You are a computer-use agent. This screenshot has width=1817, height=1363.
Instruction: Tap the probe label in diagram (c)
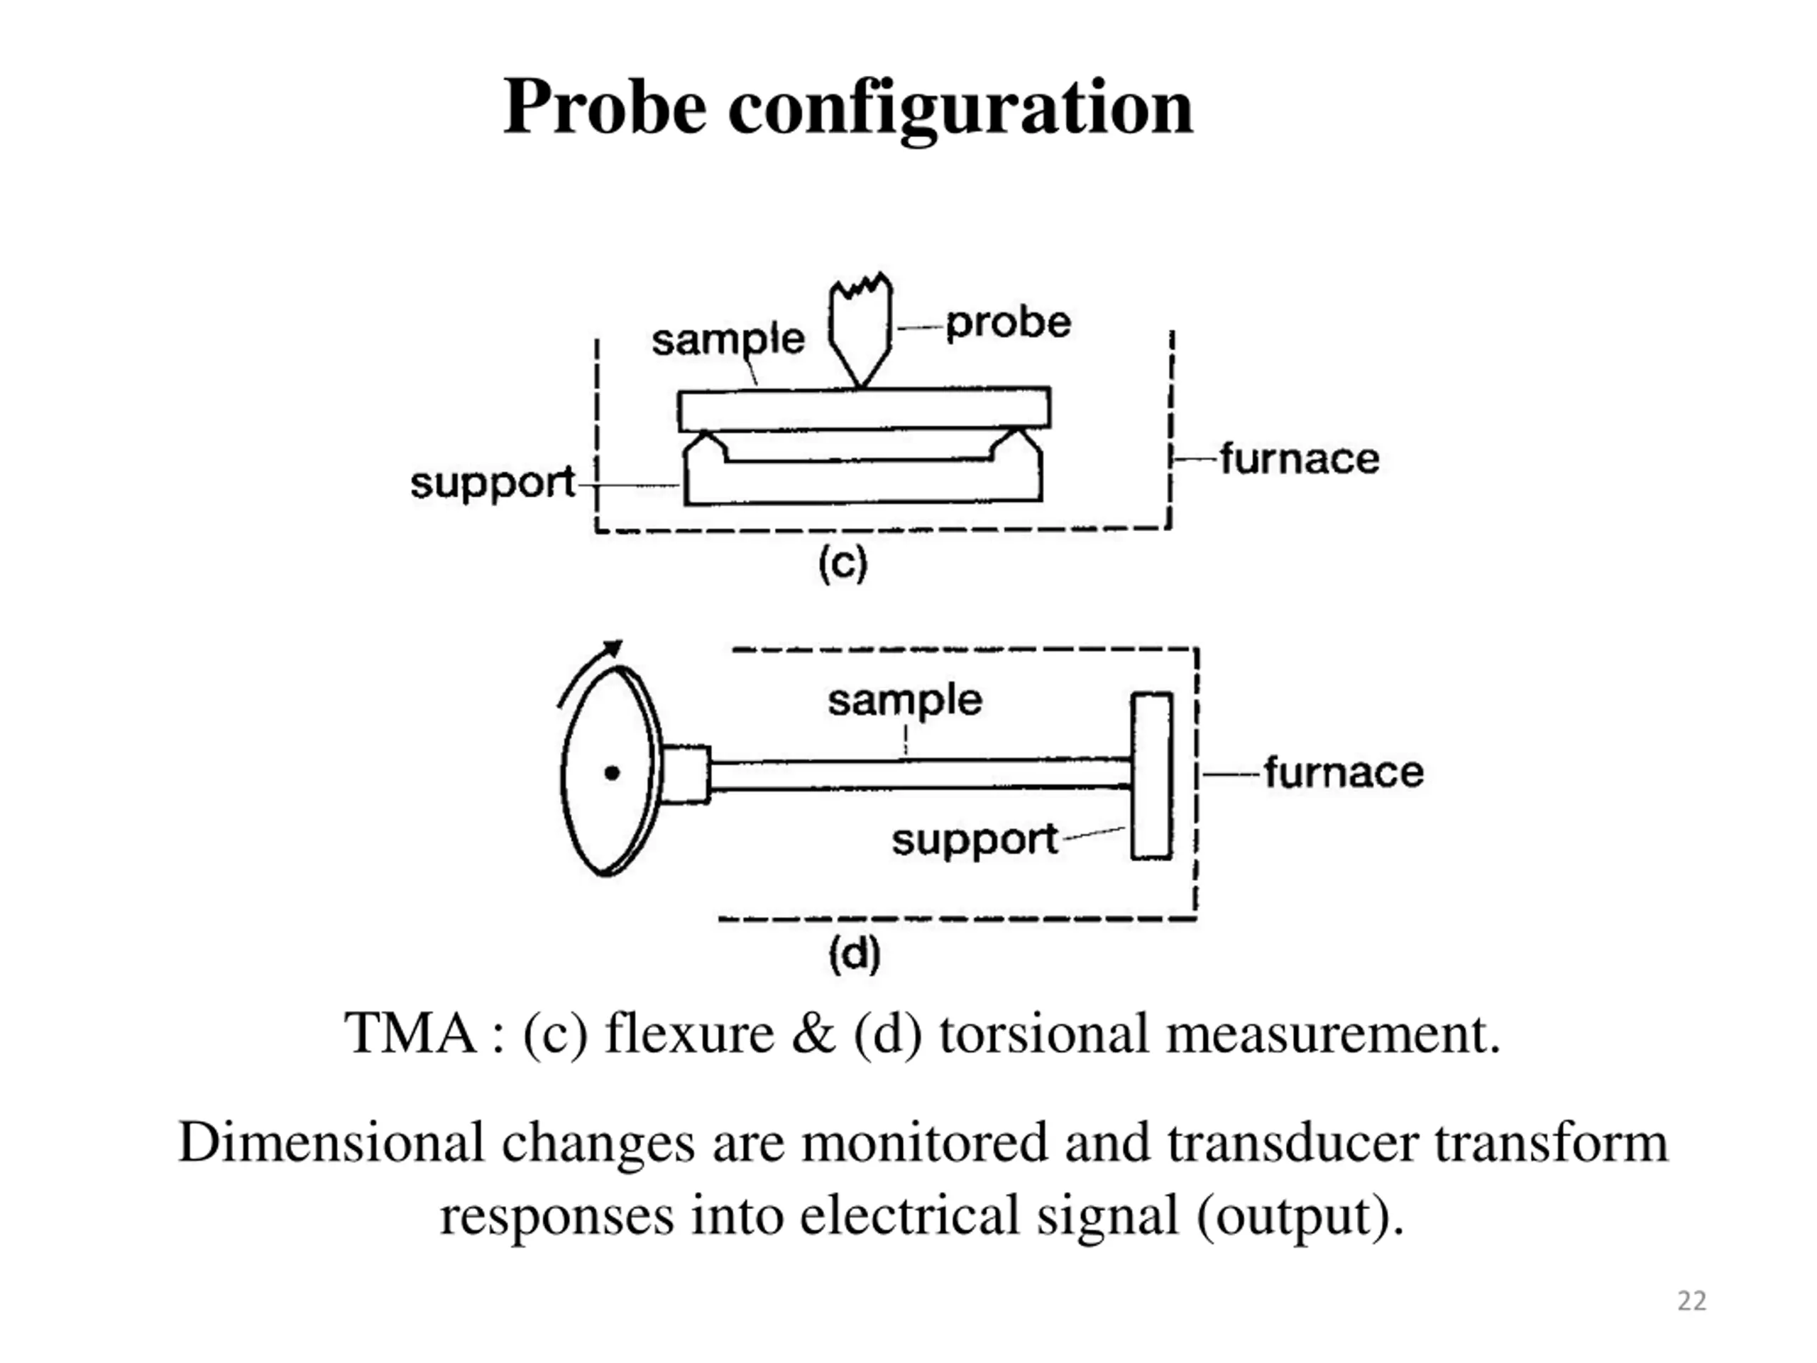coord(1008,323)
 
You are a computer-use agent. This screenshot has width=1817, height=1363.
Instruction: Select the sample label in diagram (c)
coord(728,339)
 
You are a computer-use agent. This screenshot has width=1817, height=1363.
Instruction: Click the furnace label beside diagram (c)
coord(1299,459)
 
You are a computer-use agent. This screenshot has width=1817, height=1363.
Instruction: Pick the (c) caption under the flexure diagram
coord(842,564)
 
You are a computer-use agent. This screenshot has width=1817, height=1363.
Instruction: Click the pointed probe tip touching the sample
coord(860,380)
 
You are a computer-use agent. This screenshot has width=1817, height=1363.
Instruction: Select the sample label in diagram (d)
coord(904,700)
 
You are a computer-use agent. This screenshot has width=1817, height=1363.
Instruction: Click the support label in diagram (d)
coord(975,840)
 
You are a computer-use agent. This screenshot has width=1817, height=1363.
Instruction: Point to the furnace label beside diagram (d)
coord(1343,772)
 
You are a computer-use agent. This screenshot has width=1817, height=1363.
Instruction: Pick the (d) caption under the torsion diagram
coord(855,954)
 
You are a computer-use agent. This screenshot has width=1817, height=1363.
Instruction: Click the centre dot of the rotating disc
coord(612,772)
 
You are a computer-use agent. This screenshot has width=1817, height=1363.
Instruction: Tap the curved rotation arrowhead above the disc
coord(612,648)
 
